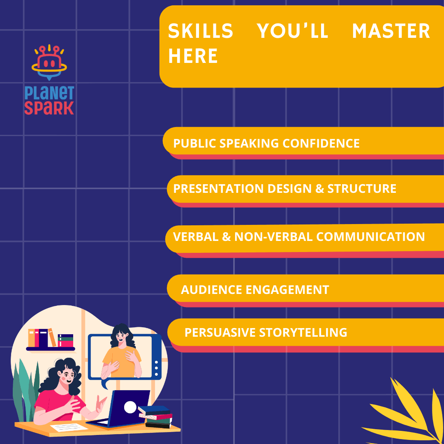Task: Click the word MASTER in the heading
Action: pos(391,31)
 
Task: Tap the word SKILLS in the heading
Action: pos(201,31)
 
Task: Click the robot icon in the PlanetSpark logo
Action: pos(49,62)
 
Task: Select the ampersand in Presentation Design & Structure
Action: pos(319,189)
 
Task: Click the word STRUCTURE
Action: pos(362,189)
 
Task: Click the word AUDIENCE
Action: pos(211,290)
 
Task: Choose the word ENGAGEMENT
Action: pos(287,290)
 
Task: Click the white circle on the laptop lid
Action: pos(130,407)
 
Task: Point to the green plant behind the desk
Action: pos(25,386)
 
